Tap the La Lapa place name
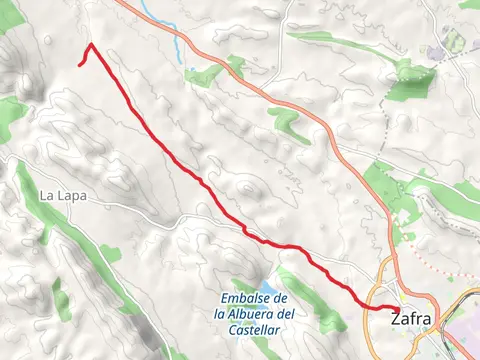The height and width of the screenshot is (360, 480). click(63, 196)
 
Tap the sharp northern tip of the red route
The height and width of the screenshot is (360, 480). click(91, 44)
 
